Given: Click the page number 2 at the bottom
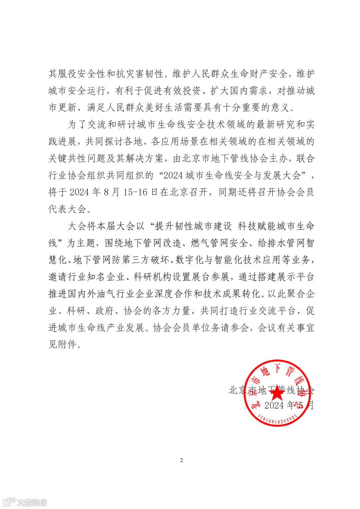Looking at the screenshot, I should click(x=181, y=460).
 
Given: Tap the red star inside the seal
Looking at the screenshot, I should click(x=276, y=393).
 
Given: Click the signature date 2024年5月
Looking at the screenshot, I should click(x=289, y=405).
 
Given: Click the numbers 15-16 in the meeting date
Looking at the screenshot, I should click(x=135, y=192).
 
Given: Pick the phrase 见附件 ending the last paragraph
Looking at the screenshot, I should click(x=62, y=344).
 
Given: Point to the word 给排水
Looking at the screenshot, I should click(x=271, y=243).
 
